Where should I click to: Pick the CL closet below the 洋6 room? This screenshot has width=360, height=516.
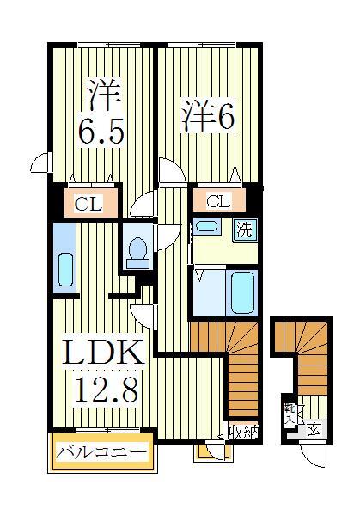218,202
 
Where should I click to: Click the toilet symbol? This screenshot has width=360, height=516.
137,250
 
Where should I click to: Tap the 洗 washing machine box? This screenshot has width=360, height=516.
245,230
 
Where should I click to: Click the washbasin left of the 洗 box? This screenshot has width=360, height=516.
205,226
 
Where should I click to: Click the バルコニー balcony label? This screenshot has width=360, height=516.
101,451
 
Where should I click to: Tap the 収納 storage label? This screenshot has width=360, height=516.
243,432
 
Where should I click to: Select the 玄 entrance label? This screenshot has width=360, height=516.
315,430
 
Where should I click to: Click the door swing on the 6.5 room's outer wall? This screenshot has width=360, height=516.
39,163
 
